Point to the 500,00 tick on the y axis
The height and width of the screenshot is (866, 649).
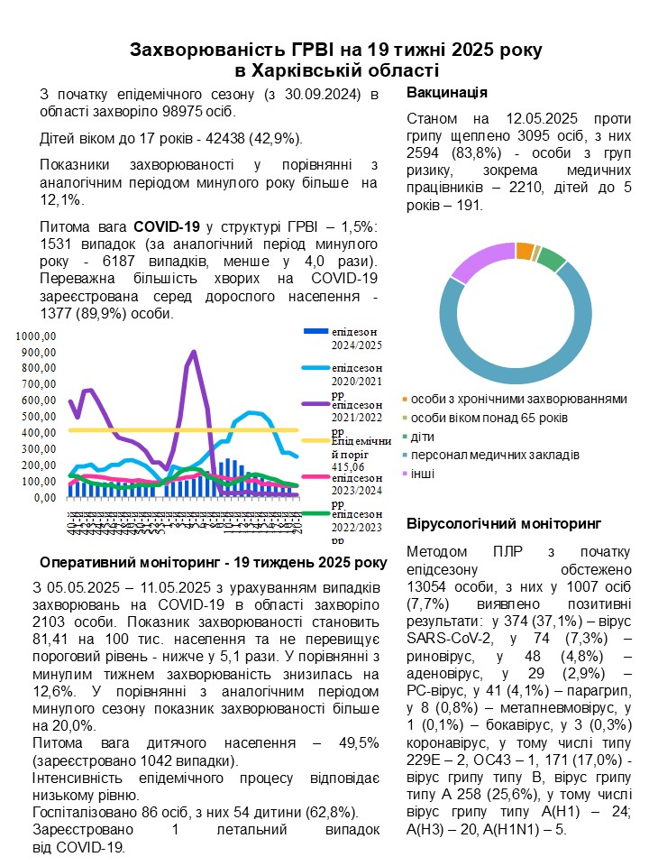tap(39, 416)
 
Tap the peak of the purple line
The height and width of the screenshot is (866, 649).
tap(193, 352)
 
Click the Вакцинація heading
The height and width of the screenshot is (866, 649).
tap(447, 93)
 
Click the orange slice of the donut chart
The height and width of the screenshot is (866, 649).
tap(525, 252)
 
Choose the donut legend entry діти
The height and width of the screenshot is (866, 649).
tap(424, 437)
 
